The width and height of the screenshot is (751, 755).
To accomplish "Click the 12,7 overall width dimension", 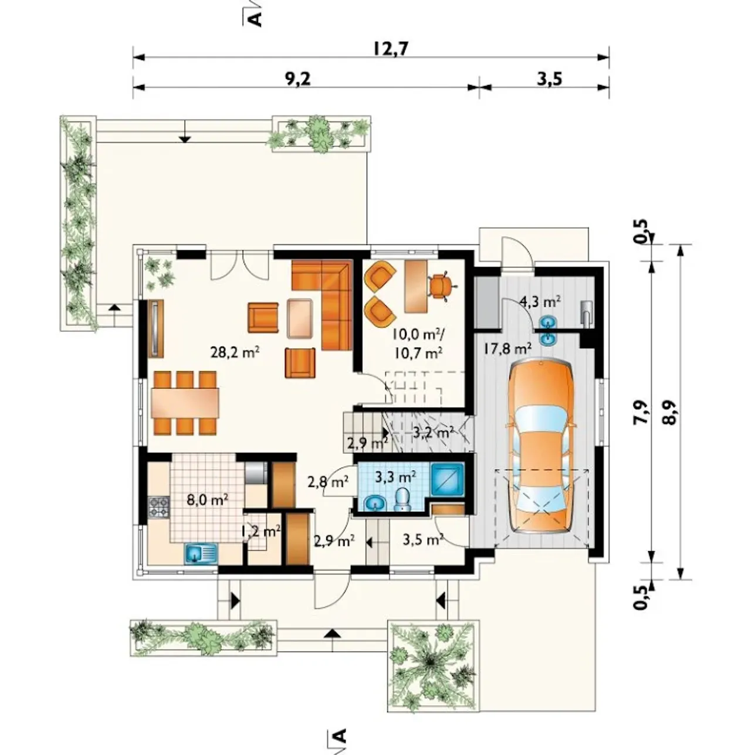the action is pyautogui.click(x=390, y=49).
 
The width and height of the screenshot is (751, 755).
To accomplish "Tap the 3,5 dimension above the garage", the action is pyautogui.click(x=549, y=79).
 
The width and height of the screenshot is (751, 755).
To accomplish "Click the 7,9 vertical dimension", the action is pyautogui.click(x=643, y=412).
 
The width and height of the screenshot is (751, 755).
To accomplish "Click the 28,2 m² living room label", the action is pyautogui.click(x=235, y=352).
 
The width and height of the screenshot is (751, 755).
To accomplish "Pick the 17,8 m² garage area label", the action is pyautogui.click(x=507, y=348).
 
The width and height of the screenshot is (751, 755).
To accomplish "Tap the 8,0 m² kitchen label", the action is pyautogui.click(x=208, y=500).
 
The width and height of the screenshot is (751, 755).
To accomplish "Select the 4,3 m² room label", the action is pyautogui.click(x=540, y=301).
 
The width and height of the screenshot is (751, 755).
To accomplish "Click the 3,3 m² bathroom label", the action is pyautogui.click(x=395, y=477).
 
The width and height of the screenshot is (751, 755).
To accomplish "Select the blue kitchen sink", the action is pyautogui.click(x=201, y=553).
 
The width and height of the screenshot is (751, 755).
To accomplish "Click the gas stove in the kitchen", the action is pyautogui.click(x=158, y=506).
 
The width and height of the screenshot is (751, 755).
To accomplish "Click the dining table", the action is pyautogui.click(x=185, y=403).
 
